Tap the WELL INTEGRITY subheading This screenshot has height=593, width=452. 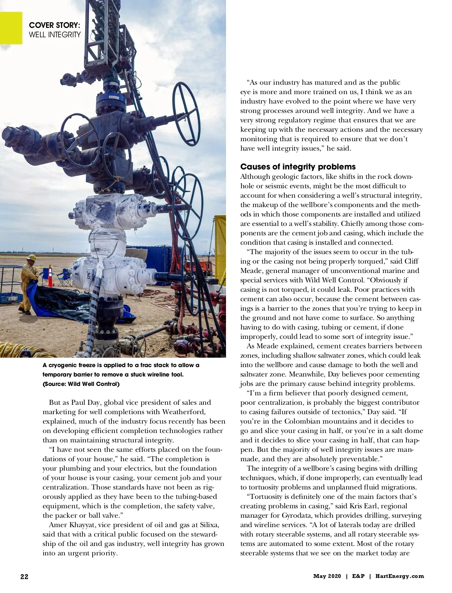55,35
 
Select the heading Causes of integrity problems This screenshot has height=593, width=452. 298,167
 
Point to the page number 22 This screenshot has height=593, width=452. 24,576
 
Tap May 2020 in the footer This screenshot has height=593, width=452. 327,576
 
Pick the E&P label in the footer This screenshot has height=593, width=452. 358,576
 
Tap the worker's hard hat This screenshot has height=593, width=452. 32,258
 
